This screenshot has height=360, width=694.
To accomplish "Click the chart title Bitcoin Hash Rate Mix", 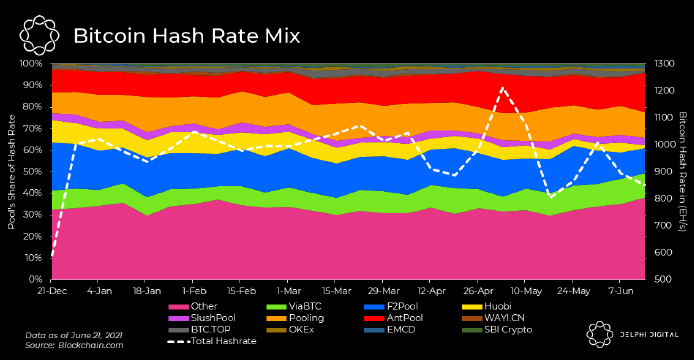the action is pos(186,36).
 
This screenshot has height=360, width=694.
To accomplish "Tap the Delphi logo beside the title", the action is pos(39,35).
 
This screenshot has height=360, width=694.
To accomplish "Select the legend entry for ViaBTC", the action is pos(294,306).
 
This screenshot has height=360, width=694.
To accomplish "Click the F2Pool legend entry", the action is pos(391,306).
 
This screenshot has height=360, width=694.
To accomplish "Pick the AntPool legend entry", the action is pos(393,318).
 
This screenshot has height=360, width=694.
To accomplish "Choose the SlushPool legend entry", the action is pos(202,318).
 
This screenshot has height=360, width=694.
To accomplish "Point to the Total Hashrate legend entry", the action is pos(212,341).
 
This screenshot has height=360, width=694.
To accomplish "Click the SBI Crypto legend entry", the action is pos(497,330).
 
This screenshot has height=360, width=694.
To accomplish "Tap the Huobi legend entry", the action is pos(486,306).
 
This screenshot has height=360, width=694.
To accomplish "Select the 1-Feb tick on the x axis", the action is pos(194,291).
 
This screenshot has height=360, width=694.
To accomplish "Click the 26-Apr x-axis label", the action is pos(478,291).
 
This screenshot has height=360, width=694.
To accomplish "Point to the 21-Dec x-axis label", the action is pos(52,291).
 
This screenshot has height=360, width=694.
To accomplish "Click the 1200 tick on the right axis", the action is pos(664,91).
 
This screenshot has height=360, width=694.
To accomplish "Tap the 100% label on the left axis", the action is pos(31,64).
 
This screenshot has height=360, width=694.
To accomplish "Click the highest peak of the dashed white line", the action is pos(502,88).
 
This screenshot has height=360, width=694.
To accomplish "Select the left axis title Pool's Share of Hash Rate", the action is pos(12,172).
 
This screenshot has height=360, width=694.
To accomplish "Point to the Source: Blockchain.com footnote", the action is pos(74,345).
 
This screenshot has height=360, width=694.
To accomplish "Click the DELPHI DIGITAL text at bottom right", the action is pos(649,335).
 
